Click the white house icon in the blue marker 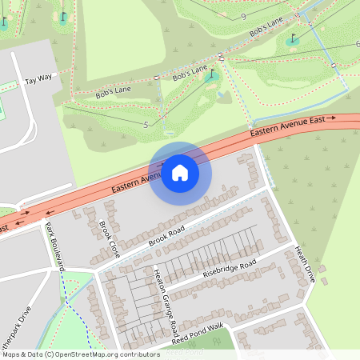pyautogui.click(x=180, y=172)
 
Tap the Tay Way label pyautogui.click(x=38, y=79)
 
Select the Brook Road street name pyautogui.click(x=166, y=234)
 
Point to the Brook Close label pyautogui.click(x=109, y=238)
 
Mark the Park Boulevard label pyautogui.click(x=54, y=244)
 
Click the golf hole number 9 pyautogui.click(x=242, y=16)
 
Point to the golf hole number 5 pyautogui.click(x=146, y=125)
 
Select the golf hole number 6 pyautogui.click(x=357, y=43)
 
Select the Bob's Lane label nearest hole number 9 pyautogui.click(x=266, y=29)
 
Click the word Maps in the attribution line pyautogui.click(x=12, y=354)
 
